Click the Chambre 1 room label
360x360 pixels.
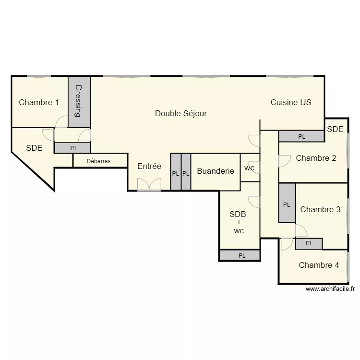click(x=39, y=102)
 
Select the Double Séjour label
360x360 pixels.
click(x=181, y=113)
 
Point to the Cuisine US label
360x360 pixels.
click(x=291, y=102)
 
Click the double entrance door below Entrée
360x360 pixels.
click(x=149, y=185)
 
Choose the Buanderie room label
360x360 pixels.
click(x=216, y=171)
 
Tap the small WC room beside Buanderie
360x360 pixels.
click(x=250, y=168)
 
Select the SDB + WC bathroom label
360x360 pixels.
click(x=239, y=222)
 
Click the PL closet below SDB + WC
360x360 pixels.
click(x=241, y=256)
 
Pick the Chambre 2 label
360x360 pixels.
click(x=316, y=158)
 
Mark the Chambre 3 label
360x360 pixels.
click(x=320, y=209)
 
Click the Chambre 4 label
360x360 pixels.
click(x=319, y=265)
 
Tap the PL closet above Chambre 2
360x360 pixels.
click(x=301, y=136)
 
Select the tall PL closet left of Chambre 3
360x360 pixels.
click(x=287, y=204)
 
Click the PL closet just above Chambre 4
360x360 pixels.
click(x=309, y=243)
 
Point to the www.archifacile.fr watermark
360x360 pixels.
click(x=330, y=289)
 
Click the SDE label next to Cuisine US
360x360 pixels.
click(x=336, y=129)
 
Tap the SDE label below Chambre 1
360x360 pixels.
click(x=34, y=148)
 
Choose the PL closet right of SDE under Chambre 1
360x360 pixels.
click(x=73, y=148)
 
